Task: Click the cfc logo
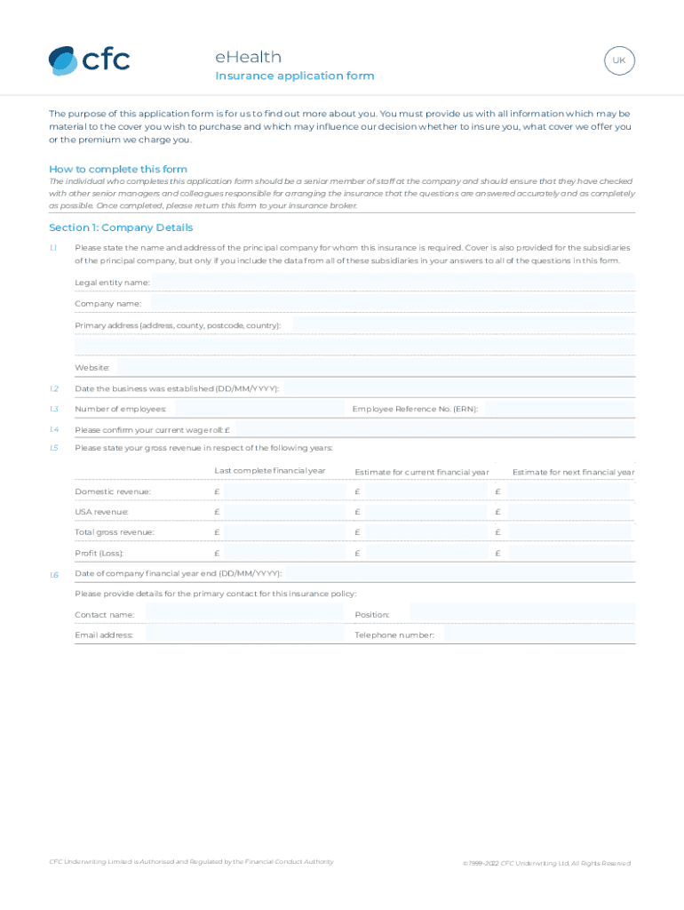coord(89,60)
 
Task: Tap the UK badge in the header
coord(619,61)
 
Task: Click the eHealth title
coord(248,57)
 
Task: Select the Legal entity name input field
coord(393,282)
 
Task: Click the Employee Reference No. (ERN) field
coord(560,409)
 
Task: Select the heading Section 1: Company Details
coord(121,227)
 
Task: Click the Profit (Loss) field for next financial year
coord(569,553)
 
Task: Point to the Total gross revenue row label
coord(115,532)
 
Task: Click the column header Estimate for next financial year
coord(573,472)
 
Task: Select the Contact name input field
coord(242,614)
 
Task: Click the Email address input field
coord(242,635)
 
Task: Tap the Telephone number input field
coord(539,635)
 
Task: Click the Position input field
coord(523,614)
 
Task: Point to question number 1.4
coord(54,429)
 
